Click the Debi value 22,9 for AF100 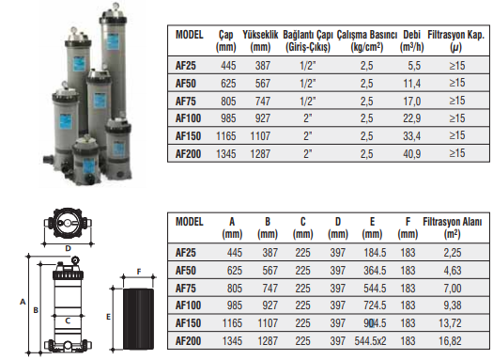[411, 118]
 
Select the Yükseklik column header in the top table [260, 40]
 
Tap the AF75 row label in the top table [186, 102]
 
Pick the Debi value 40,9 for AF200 [411, 154]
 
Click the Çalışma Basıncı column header [367, 40]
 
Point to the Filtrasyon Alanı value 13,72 [450, 323]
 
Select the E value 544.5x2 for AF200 [370, 341]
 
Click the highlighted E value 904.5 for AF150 [375, 323]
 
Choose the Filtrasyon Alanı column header [452, 227]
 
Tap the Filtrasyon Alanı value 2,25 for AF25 [453, 253]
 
